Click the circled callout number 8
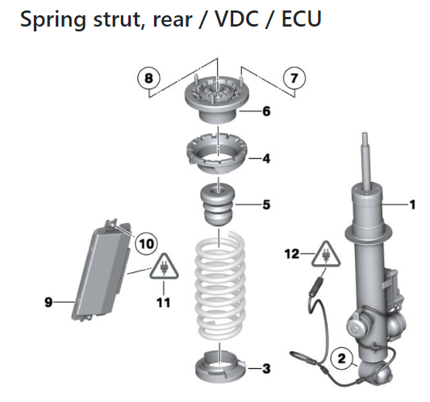(148, 78)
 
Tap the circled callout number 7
(294, 78)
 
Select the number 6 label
(266, 111)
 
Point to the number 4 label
(266, 159)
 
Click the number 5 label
(266, 205)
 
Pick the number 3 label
(266, 369)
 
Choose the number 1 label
(412, 205)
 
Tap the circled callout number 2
(342, 358)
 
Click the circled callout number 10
(147, 243)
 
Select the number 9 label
(48, 302)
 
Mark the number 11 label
(164, 303)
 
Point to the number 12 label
(292, 254)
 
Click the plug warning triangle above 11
(164, 267)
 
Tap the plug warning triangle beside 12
(326, 255)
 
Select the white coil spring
(219, 285)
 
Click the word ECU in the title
(302, 19)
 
